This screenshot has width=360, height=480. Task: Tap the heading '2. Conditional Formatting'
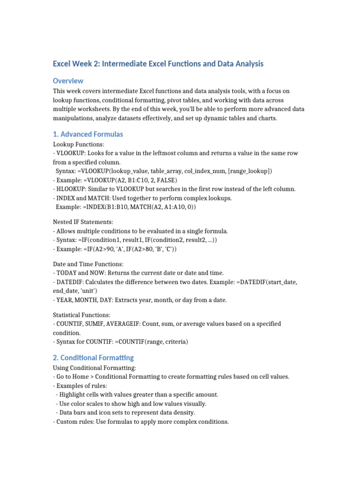93,358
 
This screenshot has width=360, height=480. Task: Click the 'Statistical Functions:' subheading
82,315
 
